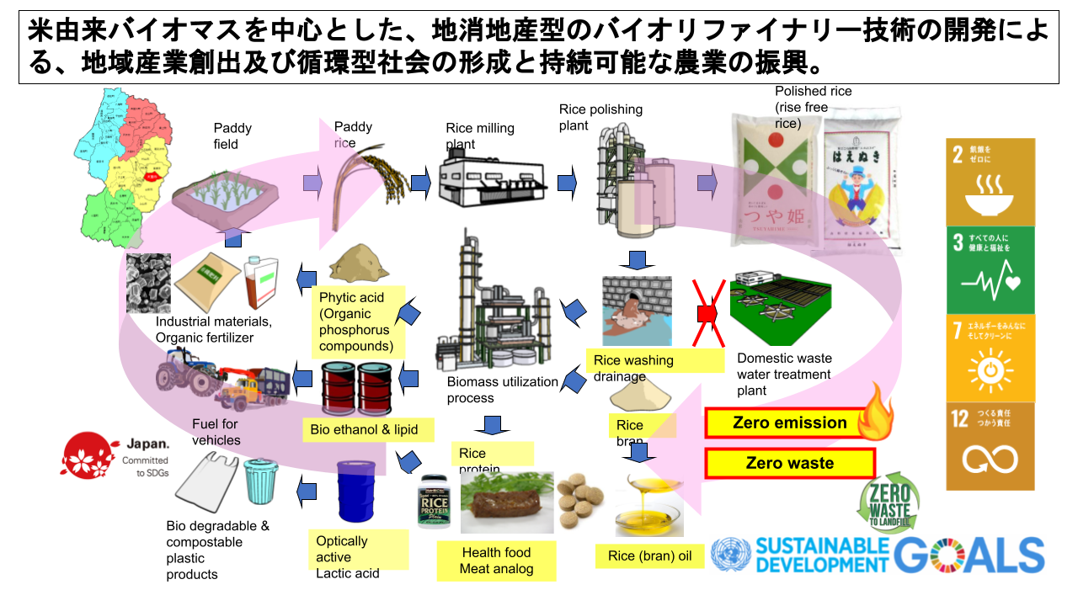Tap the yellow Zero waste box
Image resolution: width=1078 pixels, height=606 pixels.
pos(789,463)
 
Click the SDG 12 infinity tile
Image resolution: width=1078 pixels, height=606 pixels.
pos(990,446)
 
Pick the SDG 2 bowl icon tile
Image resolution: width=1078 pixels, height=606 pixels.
pos(990,181)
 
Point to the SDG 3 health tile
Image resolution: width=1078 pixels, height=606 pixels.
pos(990,268)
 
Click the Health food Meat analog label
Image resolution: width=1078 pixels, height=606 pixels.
pos(496,561)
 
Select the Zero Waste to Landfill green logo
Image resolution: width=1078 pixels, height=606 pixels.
pos(889,504)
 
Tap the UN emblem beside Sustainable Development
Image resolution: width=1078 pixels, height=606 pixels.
pos(730,555)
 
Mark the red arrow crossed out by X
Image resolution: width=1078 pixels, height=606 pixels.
pos(706,313)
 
